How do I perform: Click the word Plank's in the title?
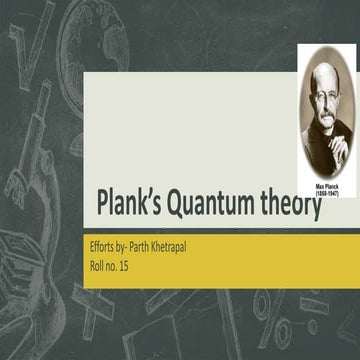pyautogui.click(x=131, y=206)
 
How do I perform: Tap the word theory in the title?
pyautogui.click(x=289, y=206)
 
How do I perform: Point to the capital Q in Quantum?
pyautogui.click(x=179, y=205)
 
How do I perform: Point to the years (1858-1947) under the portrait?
pyautogui.click(x=327, y=191)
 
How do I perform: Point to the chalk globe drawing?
pyautogui.click(x=75, y=30)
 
